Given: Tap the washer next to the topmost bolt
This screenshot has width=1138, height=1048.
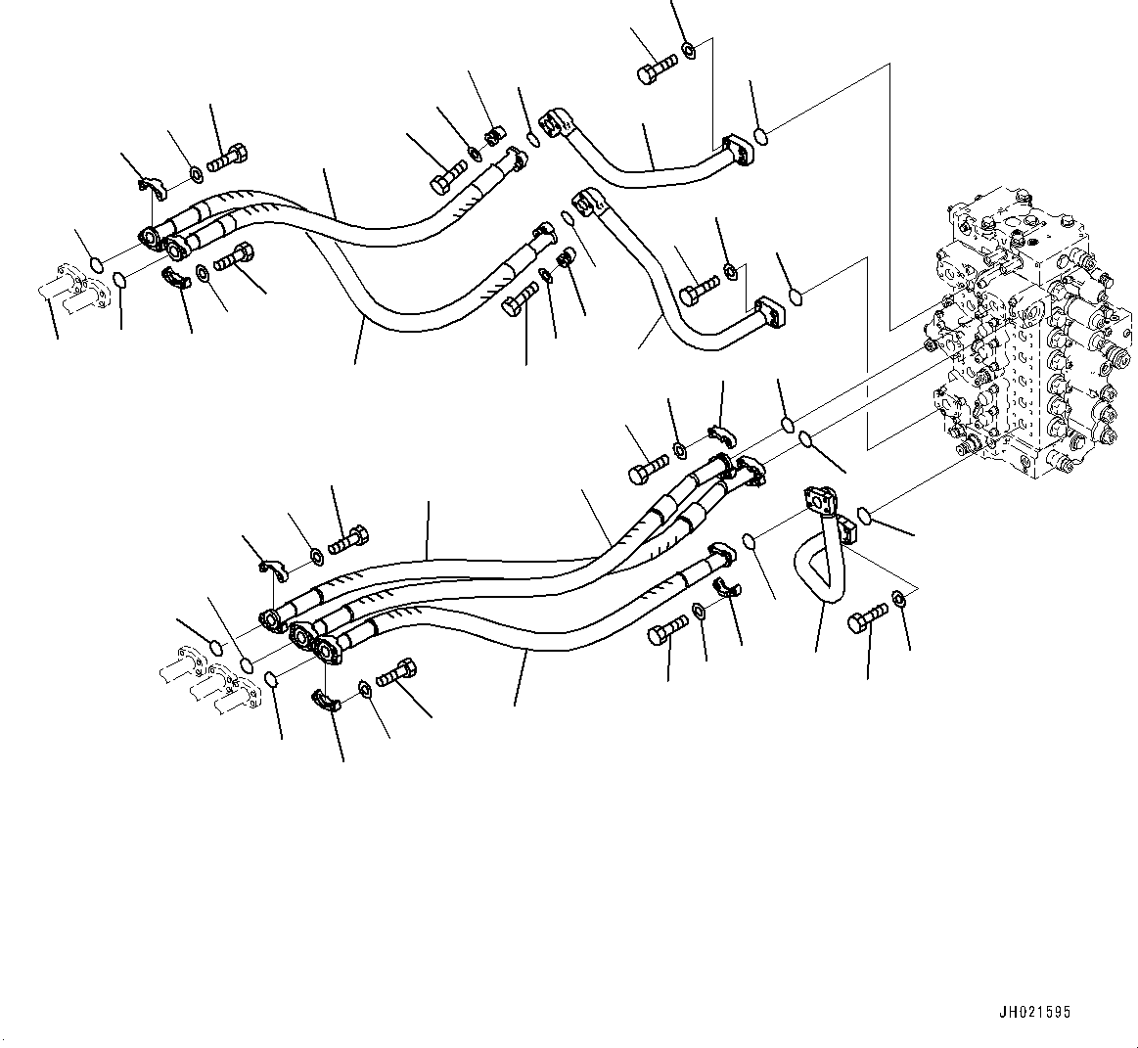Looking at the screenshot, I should point(690,48).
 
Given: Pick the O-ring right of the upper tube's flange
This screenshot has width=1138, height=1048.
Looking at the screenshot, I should point(760,136).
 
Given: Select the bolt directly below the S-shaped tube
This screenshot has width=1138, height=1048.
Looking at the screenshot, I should point(868,616).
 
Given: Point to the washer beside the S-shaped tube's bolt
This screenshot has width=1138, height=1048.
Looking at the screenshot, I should point(899,599).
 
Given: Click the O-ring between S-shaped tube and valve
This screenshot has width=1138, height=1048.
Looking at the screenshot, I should point(864,515).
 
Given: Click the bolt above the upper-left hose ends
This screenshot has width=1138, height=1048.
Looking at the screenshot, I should point(229,155).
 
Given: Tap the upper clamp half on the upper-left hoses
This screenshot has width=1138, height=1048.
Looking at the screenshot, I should point(150,184).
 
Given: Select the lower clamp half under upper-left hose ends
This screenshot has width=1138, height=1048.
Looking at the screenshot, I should point(176,278).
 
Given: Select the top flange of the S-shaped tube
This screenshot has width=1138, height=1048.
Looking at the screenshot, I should point(818,498).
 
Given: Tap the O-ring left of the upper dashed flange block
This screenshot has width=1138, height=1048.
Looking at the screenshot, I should point(96,263).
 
